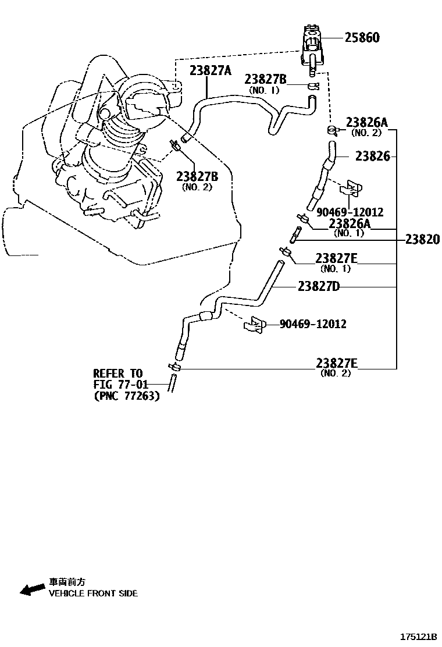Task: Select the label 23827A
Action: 211,71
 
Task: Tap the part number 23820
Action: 423,240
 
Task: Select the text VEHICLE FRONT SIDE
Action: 93,593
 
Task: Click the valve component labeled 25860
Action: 313,47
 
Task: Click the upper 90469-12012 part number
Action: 350,212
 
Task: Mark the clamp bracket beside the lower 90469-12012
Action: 255,325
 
